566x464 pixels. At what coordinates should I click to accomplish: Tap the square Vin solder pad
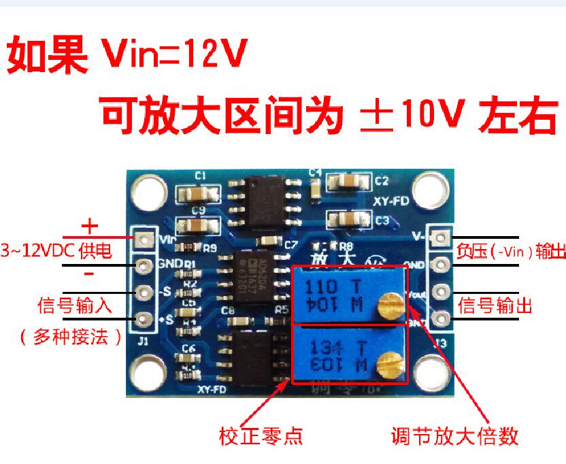144,239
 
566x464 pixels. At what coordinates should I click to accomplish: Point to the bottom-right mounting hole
432,373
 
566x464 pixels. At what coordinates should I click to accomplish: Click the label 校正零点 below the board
260,434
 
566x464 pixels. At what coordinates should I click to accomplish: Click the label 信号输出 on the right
493,303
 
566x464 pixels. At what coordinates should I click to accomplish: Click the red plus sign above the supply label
90,226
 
